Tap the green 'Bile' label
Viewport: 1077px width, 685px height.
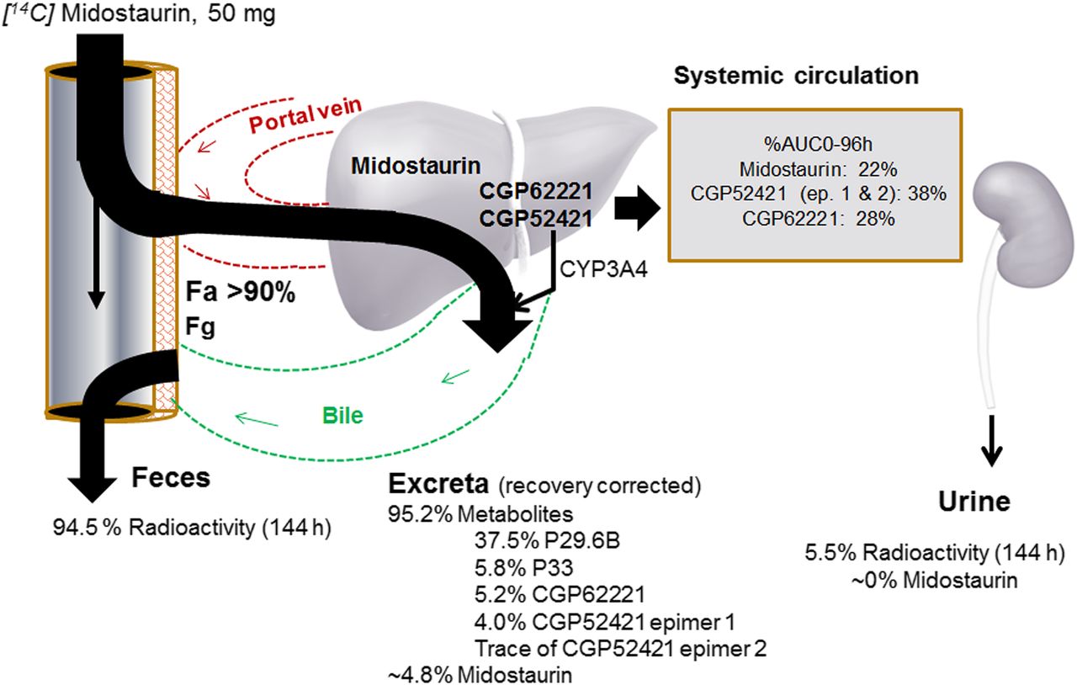[x=343, y=416]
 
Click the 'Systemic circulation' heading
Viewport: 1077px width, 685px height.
[x=796, y=75]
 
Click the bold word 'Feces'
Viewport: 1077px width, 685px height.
[x=170, y=478]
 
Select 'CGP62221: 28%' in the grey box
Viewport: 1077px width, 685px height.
[x=807, y=218]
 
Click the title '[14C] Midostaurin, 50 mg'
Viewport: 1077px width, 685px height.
[x=139, y=14]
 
